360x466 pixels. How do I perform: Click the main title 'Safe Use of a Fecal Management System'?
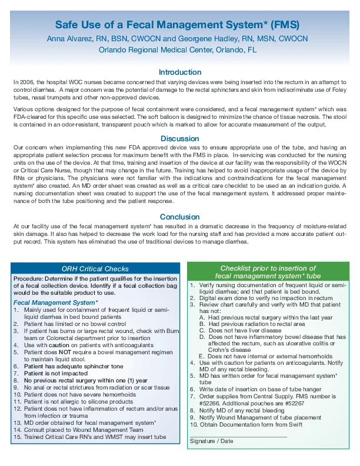[x=176, y=25]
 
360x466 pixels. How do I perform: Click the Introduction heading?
[x=180, y=72]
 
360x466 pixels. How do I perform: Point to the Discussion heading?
[x=180, y=139]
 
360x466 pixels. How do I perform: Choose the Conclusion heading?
[x=180, y=217]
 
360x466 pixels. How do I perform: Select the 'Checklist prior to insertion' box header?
[x=268, y=272]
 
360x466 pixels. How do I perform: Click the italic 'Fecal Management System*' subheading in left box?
[x=55, y=302]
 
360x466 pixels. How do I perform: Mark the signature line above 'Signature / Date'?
[x=238, y=437]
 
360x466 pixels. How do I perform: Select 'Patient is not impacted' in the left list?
[x=56, y=373]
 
